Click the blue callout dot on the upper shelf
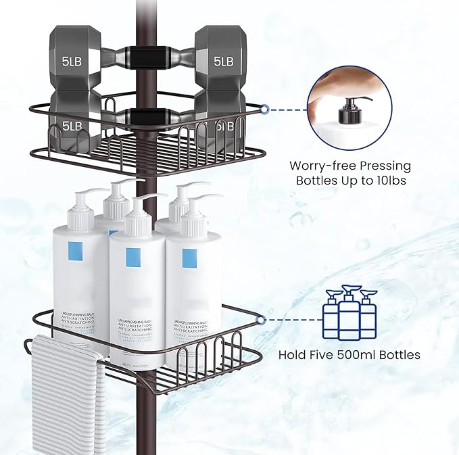(x=264, y=108)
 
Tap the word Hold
(x=293, y=354)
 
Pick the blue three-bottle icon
(x=348, y=312)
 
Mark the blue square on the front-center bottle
(x=133, y=258)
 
